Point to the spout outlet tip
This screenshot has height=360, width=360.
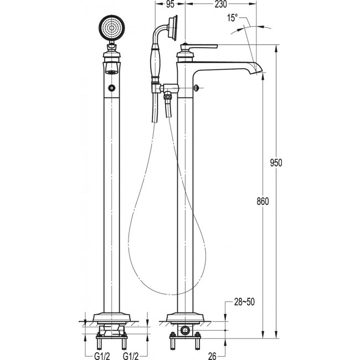(259, 71)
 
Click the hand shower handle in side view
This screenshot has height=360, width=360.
(155, 63)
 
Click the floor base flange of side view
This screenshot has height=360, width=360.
(185, 318)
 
